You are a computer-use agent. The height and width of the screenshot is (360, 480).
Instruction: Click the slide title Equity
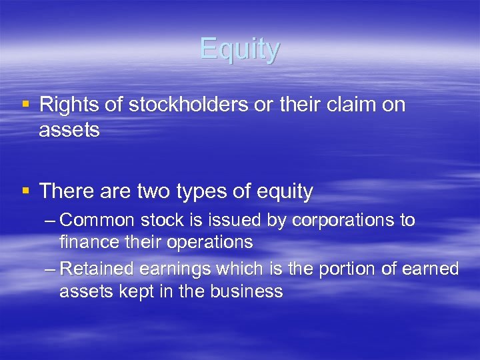[x=240, y=50]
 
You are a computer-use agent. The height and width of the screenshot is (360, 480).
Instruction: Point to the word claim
[x=350, y=105]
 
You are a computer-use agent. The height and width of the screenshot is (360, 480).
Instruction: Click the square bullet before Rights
[x=25, y=105]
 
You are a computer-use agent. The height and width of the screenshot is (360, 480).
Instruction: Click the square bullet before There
[x=25, y=192]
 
